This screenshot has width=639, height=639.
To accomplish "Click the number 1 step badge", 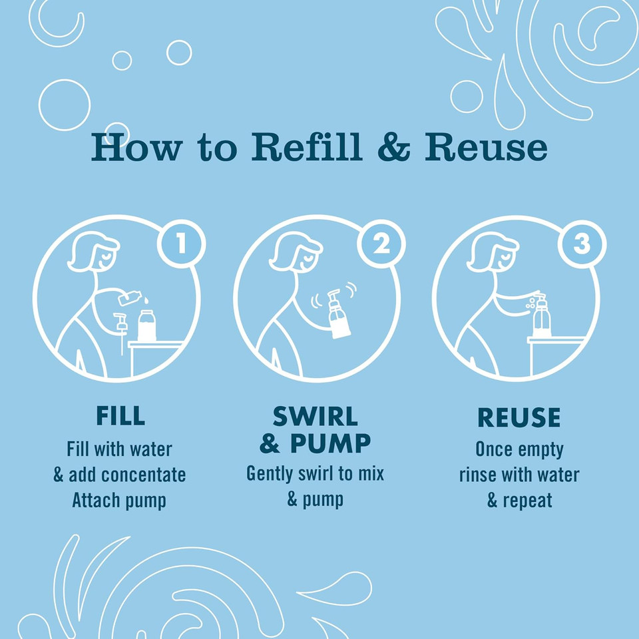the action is tap(181, 244).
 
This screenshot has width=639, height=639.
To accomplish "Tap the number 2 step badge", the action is tap(381, 244).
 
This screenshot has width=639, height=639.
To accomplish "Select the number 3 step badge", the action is tap(582, 244).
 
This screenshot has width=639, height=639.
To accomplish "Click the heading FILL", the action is tap(120, 415).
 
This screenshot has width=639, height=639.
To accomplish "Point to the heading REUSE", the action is tap(519, 417).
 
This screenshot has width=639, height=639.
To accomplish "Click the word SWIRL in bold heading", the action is tap(316, 417).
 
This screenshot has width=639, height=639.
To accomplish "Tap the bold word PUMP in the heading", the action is tap(331, 443).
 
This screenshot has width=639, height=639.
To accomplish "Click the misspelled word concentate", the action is tap(144, 475).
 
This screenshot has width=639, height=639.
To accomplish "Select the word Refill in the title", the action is tap(307, 146).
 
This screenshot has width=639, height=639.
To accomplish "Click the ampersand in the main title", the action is tap(393, 146).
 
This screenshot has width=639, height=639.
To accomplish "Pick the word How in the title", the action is tap(136, 146).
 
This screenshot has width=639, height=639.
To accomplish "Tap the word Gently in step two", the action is tap(270, 475).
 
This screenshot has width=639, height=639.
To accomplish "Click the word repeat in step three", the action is tap(527, 501).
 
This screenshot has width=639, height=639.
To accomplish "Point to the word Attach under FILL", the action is tap(96, 500).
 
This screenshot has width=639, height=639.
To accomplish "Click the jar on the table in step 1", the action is tap(146, 325).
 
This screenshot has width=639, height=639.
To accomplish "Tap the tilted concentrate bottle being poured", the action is tap(130, 298).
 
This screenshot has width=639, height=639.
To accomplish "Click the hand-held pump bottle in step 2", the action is tap(338, 314).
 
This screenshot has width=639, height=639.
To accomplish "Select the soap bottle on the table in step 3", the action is tap(542, 316).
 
